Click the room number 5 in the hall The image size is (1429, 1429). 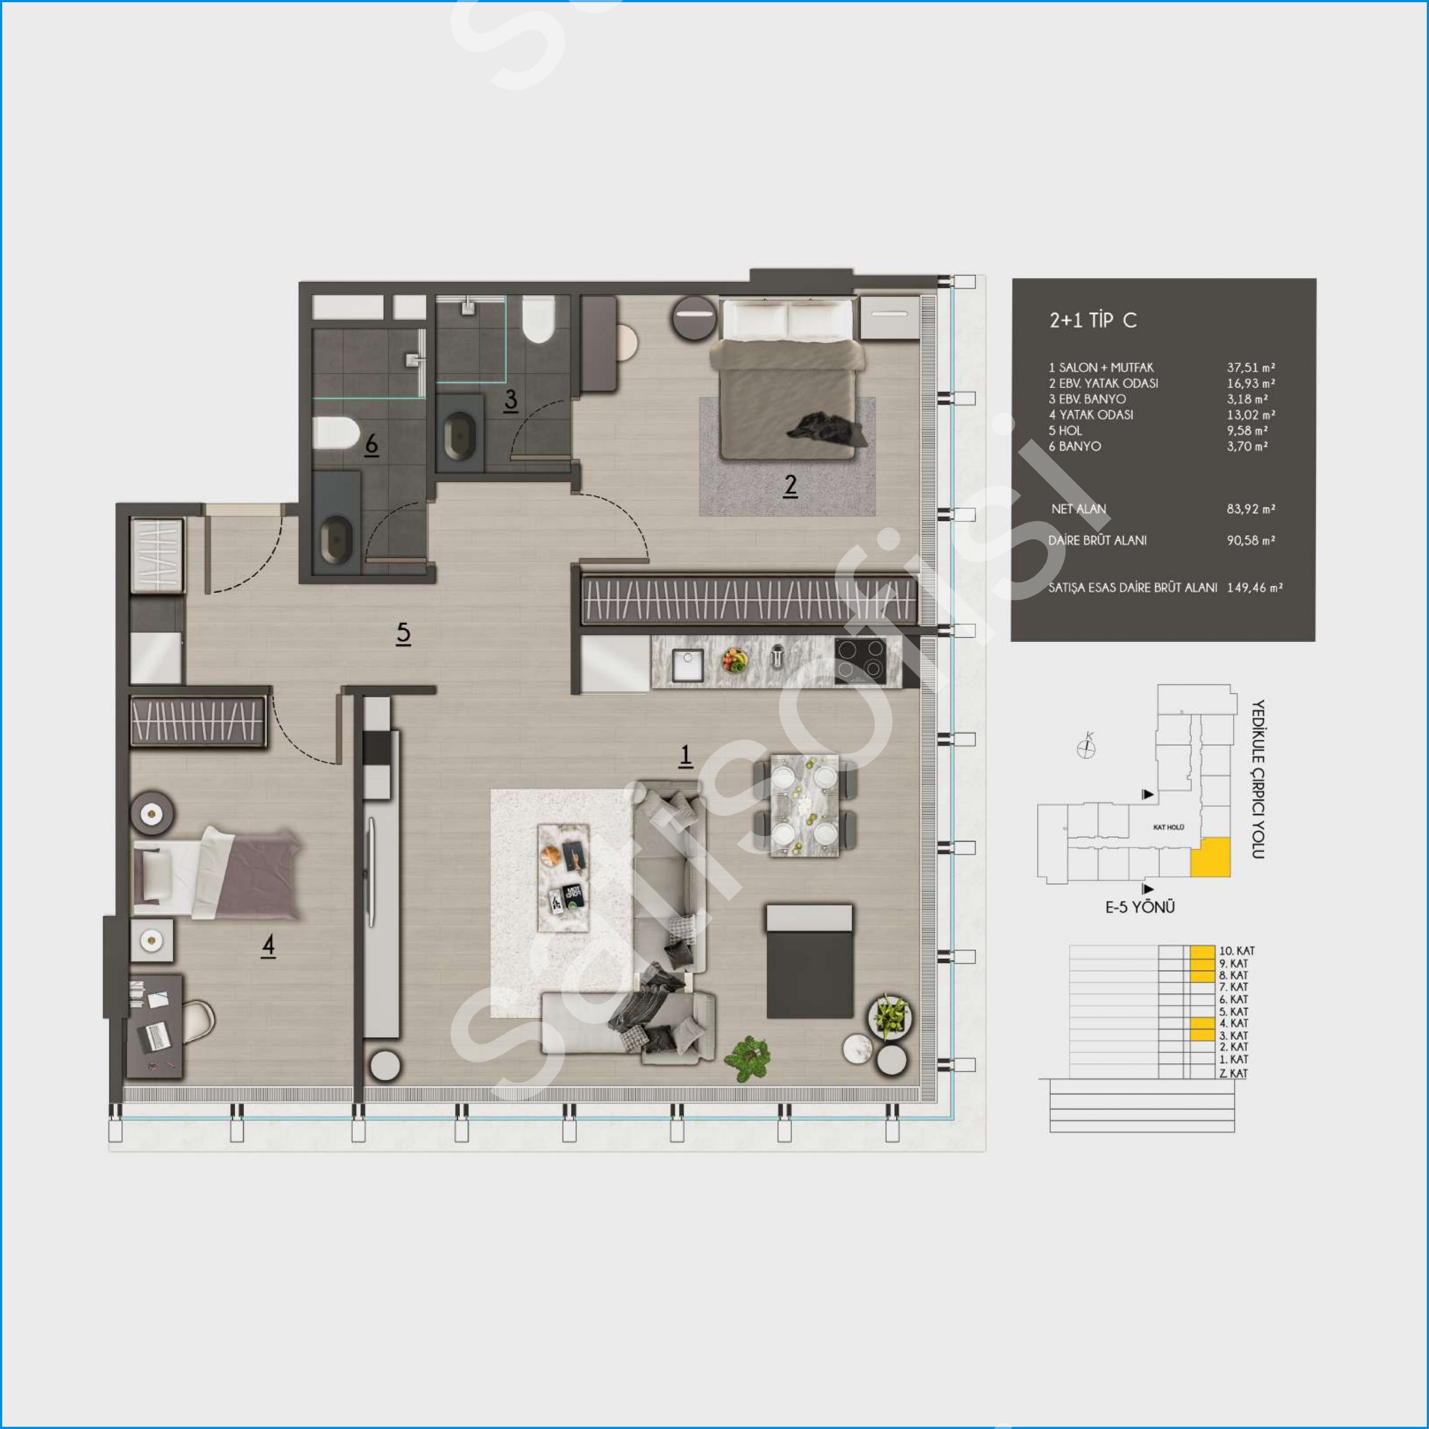point(403,632)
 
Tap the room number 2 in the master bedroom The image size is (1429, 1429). point(790,485)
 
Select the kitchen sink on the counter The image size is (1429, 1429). point(687,665)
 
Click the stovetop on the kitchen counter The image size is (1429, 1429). point(860,660)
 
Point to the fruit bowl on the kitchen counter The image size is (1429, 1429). point(735,660)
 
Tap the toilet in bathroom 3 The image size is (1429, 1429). point(539,319)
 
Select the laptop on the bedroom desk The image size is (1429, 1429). point(156,1035)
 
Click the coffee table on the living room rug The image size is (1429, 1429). point(563,878)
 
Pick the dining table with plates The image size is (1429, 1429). point(805,805)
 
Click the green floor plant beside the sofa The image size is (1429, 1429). point(749,1058)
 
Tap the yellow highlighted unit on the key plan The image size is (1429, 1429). point(1210,857)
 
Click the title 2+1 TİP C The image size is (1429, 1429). point(1092,320)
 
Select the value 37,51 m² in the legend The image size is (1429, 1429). point(1251,368)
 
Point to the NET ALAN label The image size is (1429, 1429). point(1078,509)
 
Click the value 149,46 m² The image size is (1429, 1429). point(1254,587)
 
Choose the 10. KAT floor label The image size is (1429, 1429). point(1236,951)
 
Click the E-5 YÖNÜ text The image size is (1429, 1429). point(1140,908)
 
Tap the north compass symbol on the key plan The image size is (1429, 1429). point(1086,746)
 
